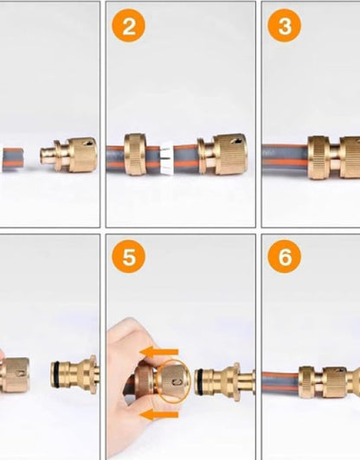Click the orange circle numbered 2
128,26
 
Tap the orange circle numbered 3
284,26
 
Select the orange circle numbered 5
128,257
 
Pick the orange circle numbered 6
284,257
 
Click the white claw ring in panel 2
167,159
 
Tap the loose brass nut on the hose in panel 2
135,154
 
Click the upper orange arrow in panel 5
159,352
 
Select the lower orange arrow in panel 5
159,414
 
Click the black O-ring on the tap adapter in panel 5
199,381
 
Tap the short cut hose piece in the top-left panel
13,159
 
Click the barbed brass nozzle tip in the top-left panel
47,157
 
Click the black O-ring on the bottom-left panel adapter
54,374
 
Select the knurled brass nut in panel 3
319,157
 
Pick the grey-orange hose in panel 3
285,158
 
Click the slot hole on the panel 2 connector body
236,141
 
